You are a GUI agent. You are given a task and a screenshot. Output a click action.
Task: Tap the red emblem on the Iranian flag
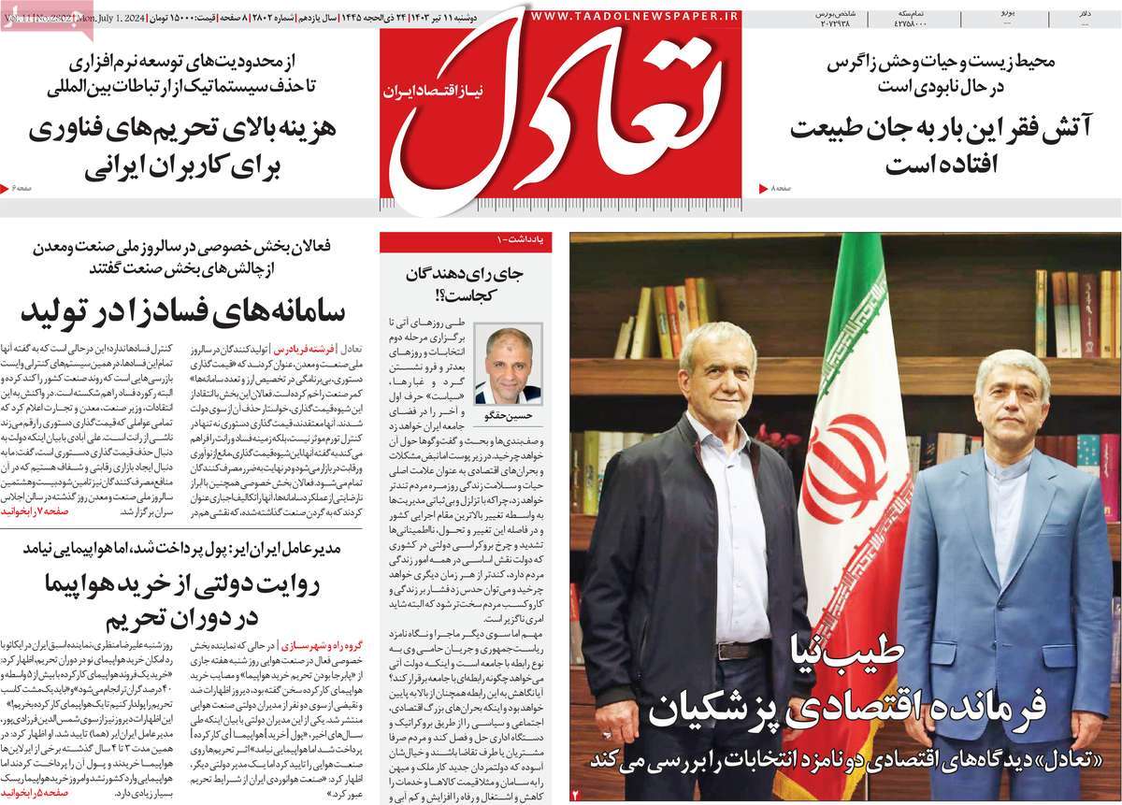coord(844,467)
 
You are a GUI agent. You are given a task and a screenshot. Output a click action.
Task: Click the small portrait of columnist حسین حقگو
coord(509,365)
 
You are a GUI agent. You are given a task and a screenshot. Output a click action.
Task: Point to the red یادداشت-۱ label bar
coord(465,241)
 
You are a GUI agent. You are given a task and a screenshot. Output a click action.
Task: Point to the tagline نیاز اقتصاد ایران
coord(426,92)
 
